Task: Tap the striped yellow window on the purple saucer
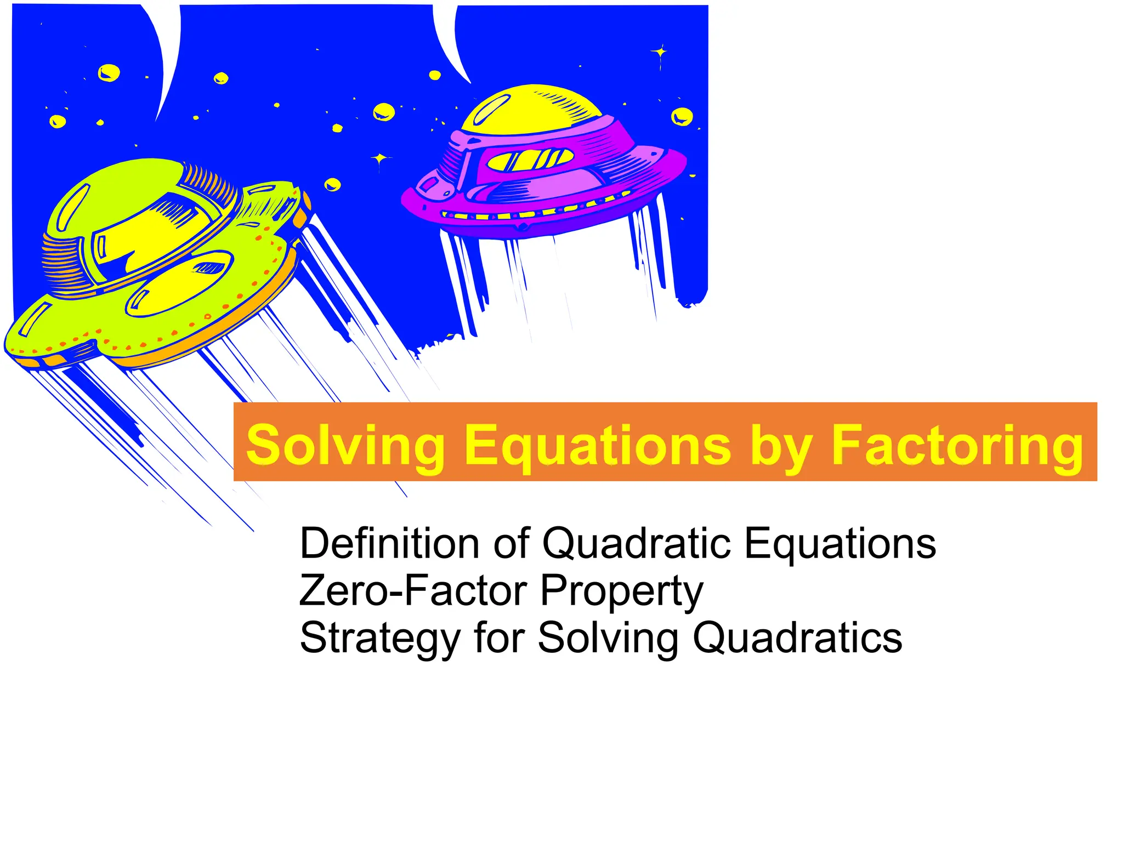530,160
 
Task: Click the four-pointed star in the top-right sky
660,53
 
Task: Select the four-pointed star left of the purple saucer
379,159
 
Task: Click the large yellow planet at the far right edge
682,116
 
